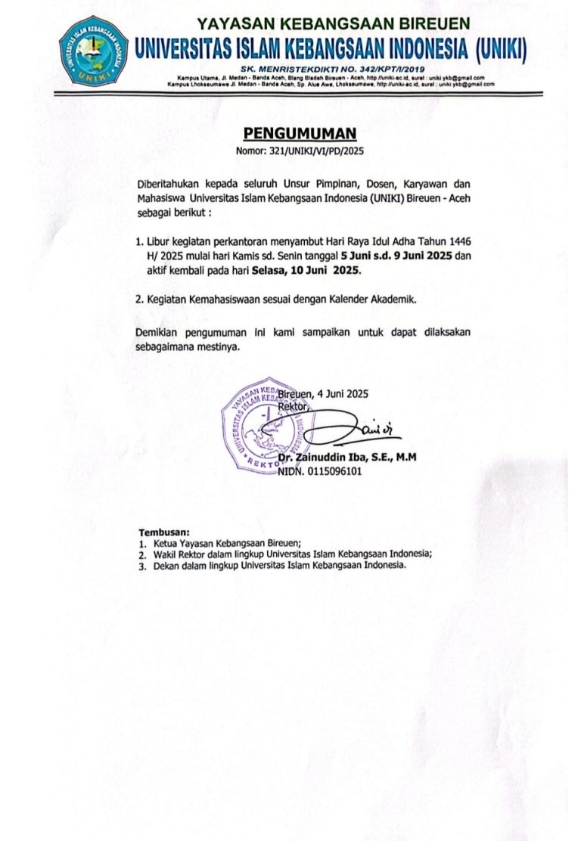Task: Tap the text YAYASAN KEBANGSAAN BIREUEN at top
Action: point(334,23)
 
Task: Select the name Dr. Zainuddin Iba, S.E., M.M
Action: point(347,458)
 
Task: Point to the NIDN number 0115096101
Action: point(331,470)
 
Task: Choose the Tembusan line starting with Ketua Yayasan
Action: point(226,543)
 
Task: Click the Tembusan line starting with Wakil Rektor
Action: point(292,554)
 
